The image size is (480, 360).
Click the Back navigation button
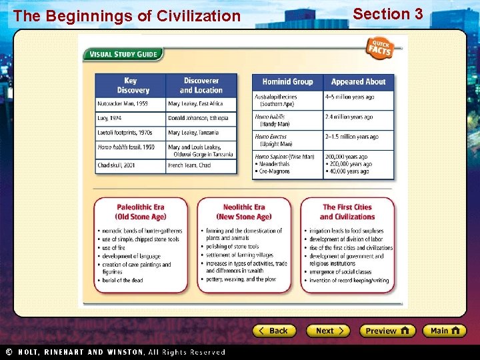click(x=273, y=331)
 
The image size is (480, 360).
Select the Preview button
click(x=387, y=331)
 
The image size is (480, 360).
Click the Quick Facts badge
click(x=380, y=47)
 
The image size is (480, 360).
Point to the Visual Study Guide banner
click(x=123, y=55)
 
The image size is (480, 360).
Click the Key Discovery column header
click(x=131, y=85)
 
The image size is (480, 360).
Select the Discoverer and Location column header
click(x=201, y=85)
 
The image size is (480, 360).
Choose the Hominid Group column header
click(x=287, y=82)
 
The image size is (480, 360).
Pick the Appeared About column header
click(x=359, y=82)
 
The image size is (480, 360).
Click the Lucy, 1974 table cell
click(x=131, y=118)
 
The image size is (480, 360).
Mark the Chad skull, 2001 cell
click(x=131, y=165)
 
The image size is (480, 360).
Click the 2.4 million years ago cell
click(x=359, y=117)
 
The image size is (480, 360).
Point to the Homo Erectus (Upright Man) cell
click(x=287, y=140)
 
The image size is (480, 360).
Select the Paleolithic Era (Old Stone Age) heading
click(x=141, y=212)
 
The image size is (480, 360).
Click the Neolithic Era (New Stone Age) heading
click(x=244, y=212)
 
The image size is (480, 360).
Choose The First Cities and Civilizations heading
click(x=347, y=212)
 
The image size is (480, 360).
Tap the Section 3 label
click(x=388, y=14)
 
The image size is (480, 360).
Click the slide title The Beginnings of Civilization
click(x=127, y=16)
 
